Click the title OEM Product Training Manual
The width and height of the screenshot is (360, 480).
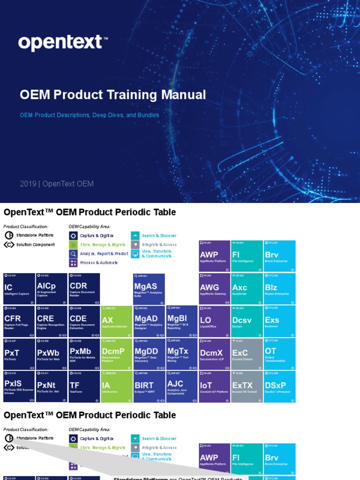(112, 95)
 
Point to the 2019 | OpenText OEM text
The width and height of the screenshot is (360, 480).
(57, 184)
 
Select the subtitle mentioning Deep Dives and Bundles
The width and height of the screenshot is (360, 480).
(89, 115)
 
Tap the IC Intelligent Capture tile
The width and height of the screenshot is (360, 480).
(19, 289)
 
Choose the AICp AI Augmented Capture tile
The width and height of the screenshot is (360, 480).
(52, 289)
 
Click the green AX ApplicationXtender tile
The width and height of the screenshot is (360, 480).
(117, 322)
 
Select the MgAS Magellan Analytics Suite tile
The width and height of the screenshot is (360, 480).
(149, 289)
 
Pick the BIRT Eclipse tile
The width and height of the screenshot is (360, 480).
(149, 387)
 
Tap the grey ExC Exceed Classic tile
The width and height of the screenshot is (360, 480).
(247, 354)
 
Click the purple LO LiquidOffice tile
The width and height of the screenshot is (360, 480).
(214, 322)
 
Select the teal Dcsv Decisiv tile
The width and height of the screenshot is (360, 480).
(247, 322)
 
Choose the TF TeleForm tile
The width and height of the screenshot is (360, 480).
(84, 387)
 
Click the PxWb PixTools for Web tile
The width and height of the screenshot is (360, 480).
(52, 354)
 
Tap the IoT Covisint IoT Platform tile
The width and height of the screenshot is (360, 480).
(214, 387)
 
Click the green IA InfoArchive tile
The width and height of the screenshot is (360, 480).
(117, 387)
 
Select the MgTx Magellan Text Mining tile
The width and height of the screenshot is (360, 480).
(182, 354)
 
